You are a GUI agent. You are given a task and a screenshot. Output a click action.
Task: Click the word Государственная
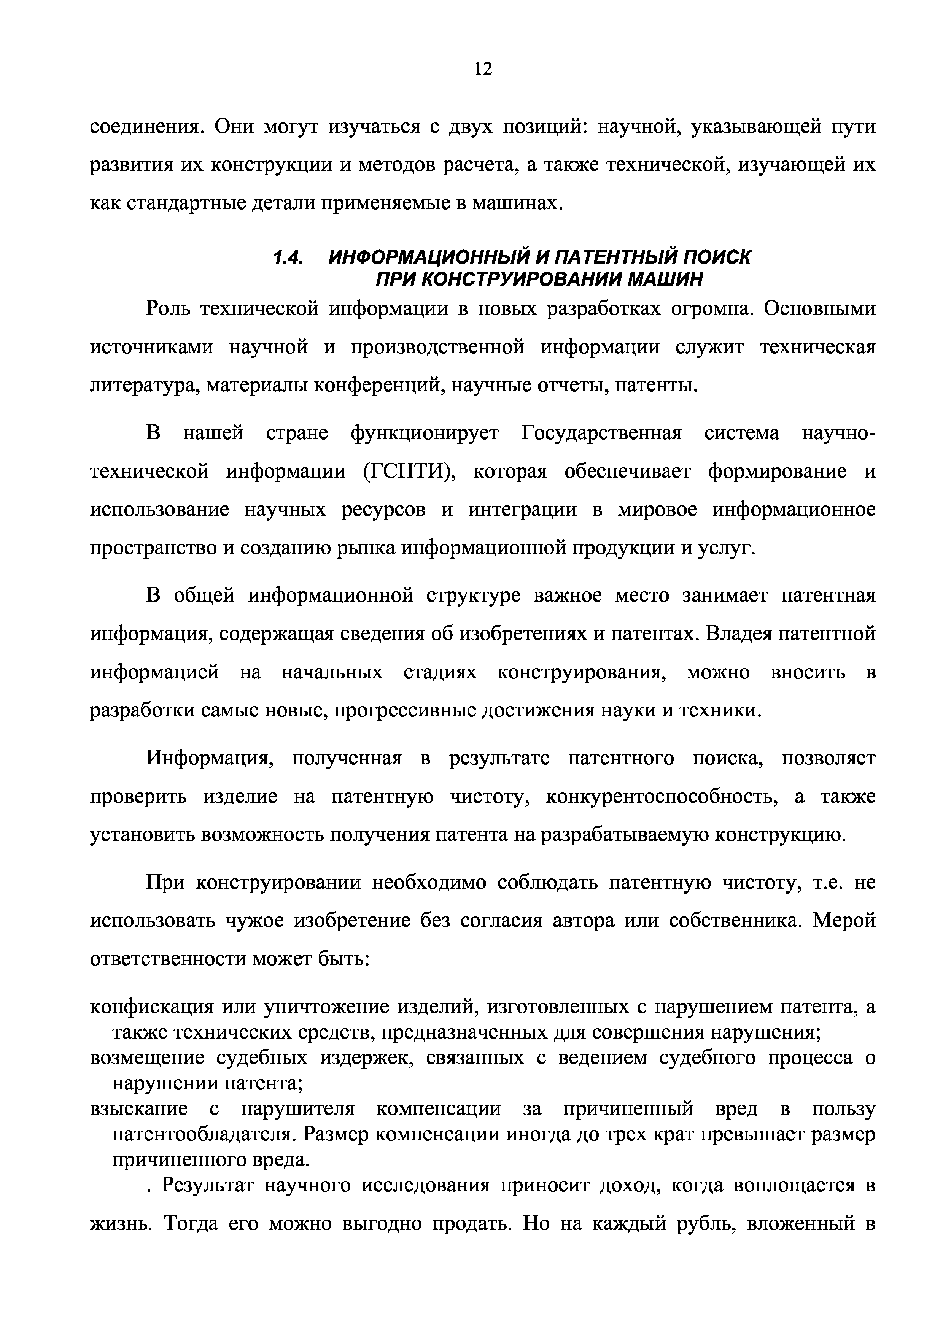(601, 434)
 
